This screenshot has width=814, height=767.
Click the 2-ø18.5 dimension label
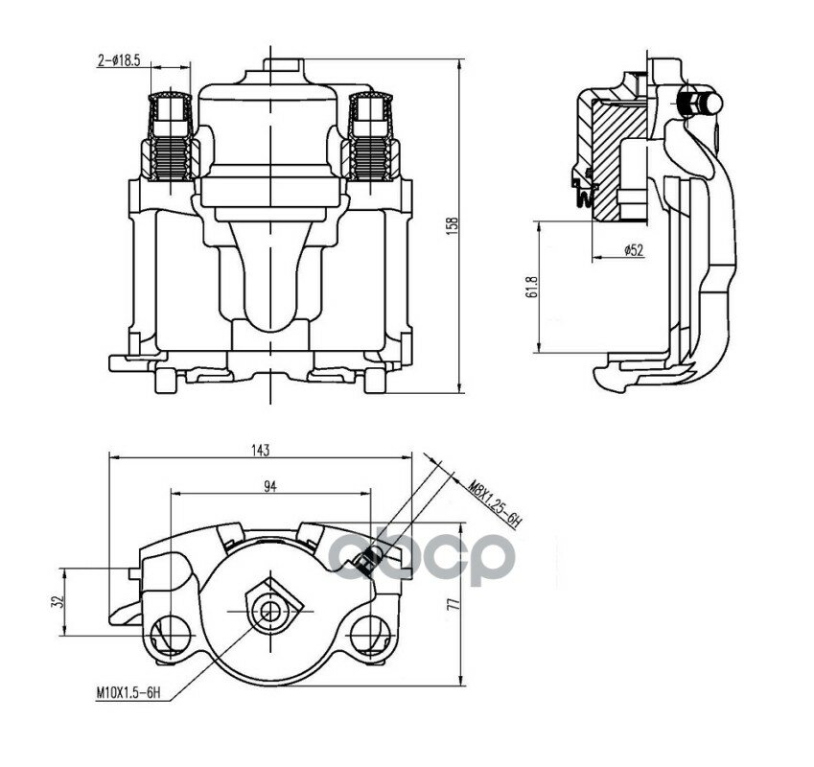point(119,60)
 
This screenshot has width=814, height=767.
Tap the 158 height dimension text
point(453,226)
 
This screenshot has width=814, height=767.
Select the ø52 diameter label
point(634,250)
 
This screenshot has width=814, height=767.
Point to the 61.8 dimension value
point(530,287)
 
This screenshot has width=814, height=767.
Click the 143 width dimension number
point(260,450)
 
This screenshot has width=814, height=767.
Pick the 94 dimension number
point(270,486)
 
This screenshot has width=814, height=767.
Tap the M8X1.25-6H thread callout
point(495,504)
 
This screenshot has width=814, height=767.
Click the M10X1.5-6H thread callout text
point(128,692)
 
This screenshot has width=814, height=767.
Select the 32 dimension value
point(58,601)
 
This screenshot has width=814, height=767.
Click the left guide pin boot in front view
point(171,136)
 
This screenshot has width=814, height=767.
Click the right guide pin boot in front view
point(370,136)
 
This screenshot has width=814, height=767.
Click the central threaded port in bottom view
point(270,611)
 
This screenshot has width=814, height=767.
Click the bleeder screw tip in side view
point(713,103)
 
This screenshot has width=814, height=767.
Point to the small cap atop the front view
point(284,65)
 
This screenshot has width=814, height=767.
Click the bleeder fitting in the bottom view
point(368,559)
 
